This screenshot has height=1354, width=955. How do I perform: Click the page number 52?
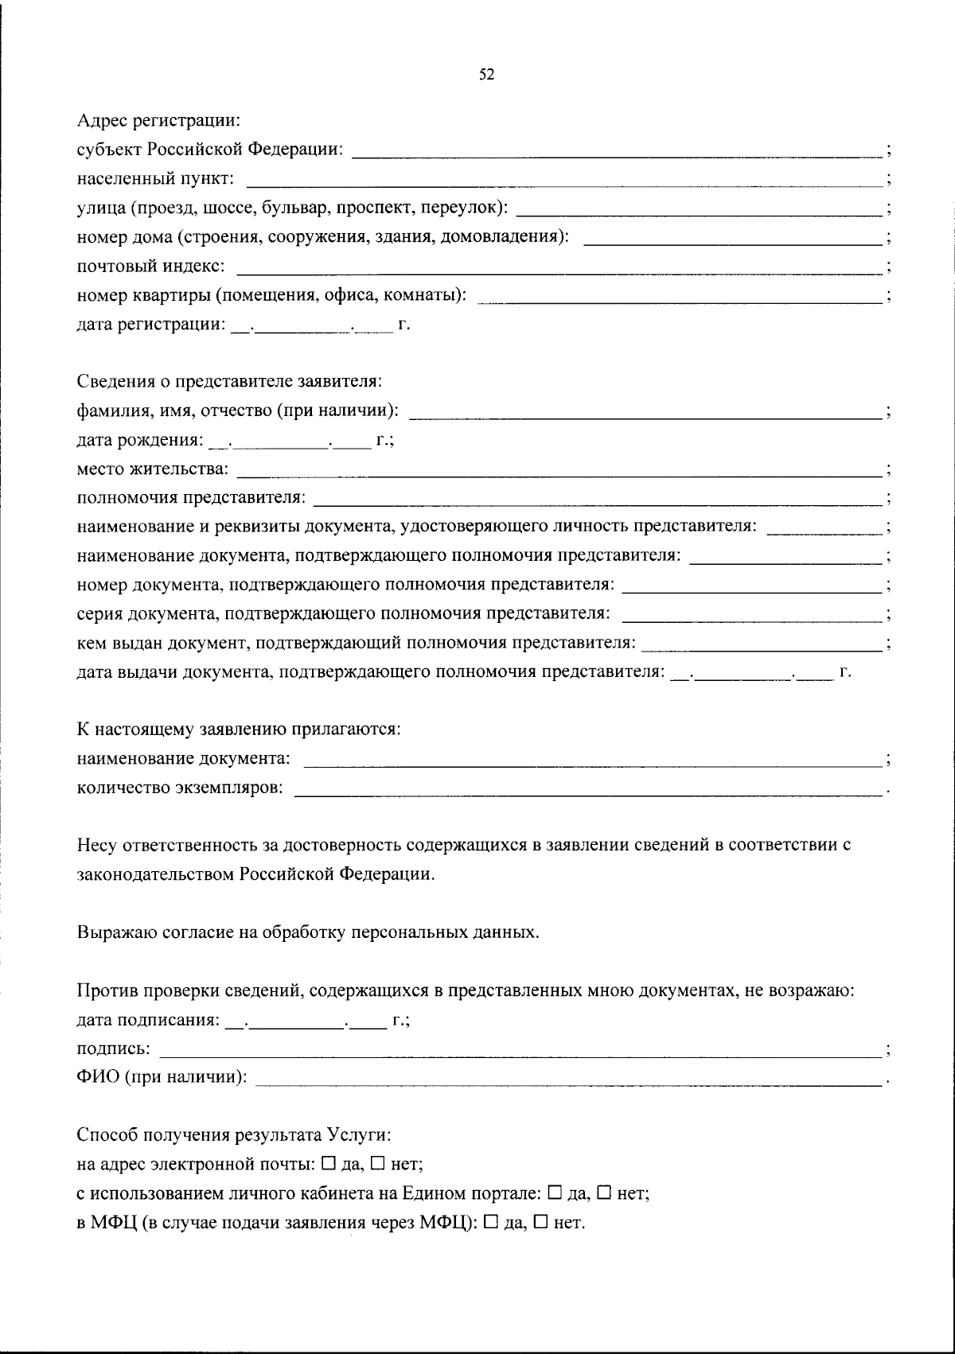point(486,75)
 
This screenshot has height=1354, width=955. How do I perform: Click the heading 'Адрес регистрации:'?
point(158,121)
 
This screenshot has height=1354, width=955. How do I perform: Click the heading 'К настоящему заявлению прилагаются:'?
point(238,729)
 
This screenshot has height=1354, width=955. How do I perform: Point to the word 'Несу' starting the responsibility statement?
point(95,845)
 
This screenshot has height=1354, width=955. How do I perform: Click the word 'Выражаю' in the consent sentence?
point(109,932)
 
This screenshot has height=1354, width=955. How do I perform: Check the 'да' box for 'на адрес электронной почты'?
point(329,1164)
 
